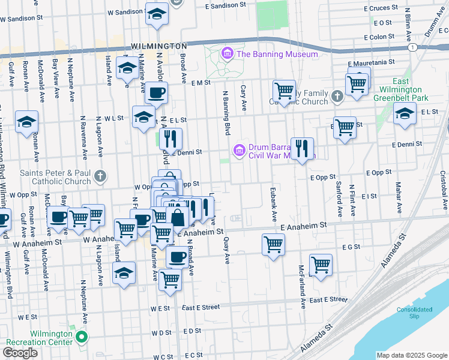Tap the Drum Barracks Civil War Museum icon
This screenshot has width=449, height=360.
(x=240, y=149)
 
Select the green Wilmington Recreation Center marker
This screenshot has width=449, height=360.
(x=82, y=337)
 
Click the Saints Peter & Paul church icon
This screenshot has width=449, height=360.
(x=101, y=176)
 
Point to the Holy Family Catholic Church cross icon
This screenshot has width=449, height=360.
(x=337, y=95)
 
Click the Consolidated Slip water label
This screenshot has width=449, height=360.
(x=414, y=313)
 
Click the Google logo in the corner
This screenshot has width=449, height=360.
(x=20, y=353)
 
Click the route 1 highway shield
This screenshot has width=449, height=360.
(x=412, y=47)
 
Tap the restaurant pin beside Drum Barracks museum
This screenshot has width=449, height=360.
(x=302, y=148)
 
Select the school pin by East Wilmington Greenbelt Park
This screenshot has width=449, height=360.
(x=405, y=113)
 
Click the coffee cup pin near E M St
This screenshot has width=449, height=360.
(x=156, y=93)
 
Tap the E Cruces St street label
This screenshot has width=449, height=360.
(x=385, y=8)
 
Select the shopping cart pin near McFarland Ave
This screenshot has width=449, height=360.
(x=321, y=265)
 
